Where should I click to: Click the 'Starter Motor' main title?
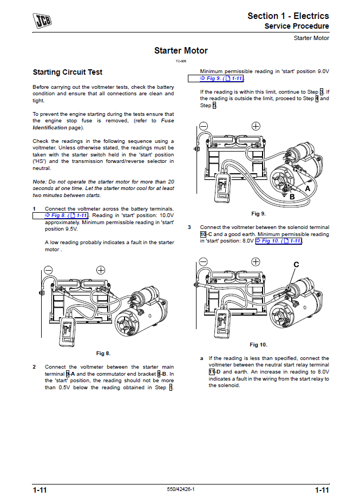(181, 51)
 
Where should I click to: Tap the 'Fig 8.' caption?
(103, 354)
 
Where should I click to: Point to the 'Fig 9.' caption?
(259, 213)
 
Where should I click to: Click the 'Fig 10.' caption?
(258, 345)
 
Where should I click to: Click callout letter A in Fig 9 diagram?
(307, 189)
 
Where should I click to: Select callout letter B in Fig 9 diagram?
(292, 197)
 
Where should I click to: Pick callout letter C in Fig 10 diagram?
(296, 264)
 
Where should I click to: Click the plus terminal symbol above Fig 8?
(101, 270)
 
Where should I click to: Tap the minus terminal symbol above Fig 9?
(203, 126)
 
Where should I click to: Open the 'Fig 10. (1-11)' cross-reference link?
(278, 241)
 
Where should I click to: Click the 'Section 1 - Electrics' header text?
(288, 16)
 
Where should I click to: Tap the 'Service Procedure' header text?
(296, 27)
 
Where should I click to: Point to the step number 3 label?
(189, 227)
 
